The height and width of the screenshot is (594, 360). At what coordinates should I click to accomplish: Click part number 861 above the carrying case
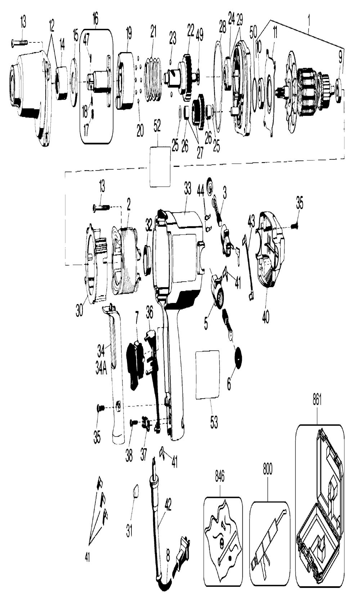(317, 408)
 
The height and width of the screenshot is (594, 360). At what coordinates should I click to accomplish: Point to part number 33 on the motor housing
(187, 190)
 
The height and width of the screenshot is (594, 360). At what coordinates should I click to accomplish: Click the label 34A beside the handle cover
(101, 369)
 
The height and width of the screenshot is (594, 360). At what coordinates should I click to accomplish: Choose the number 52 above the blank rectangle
(157, 127)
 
